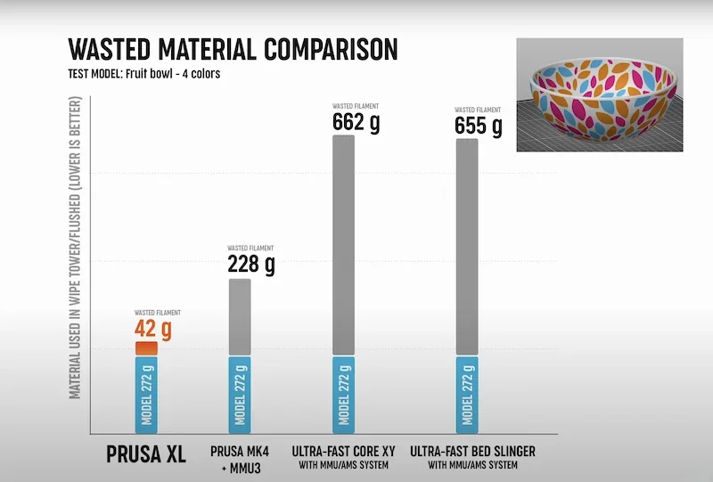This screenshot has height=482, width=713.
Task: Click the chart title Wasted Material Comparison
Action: tap(233, 48)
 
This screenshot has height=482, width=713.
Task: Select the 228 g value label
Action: tap(250, 265)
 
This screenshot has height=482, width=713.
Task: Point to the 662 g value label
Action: tap(356, 121)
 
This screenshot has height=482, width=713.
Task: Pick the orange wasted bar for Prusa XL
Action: tap(146, 348)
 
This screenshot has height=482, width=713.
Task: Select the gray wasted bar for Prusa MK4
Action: tap(240, 317)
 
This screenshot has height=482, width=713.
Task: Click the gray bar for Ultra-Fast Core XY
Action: tap(343, 245)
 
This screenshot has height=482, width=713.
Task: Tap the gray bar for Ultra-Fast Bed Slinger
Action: tap(467, 247)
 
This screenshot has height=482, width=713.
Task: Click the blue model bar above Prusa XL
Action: tap(146, 394)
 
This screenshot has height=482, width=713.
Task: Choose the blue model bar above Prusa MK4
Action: tap(240, 394)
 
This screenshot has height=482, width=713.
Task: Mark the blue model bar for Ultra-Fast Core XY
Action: tap(343, 394)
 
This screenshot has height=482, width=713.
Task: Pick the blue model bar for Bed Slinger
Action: tap(467, 394)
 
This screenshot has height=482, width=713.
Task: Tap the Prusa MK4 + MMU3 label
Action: tap(240, 457)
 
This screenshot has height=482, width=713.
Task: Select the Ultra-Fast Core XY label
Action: tap(343, 457)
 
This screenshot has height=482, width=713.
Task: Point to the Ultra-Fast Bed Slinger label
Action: tap(472, 457)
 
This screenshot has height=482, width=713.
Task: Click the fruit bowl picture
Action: tap(598, 94)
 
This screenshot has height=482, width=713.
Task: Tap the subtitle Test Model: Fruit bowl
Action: tap(143, 74)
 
